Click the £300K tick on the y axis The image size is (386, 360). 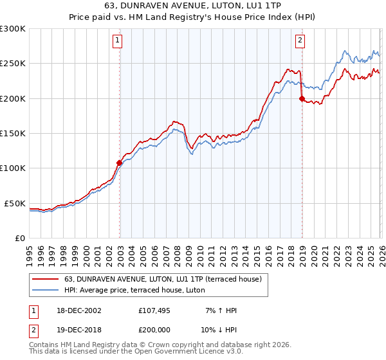pyautogui.click(x=13, y=29)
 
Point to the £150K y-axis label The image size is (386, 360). pyautogui.click(x=13, y=134)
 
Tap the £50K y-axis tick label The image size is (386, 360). pyautogui.click(x=15, y=203)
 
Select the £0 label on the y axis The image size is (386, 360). pyautogui.click(x=19, y=238)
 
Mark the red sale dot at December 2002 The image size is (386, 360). pyautogui.click(x=120, y=163)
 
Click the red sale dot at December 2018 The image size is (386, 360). pyautogui.click(x=301, y=98)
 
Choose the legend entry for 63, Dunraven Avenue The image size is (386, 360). pyautogui.click(x=162, y=280)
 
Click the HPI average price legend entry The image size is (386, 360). pyautogui.click(x=134, y=291)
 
